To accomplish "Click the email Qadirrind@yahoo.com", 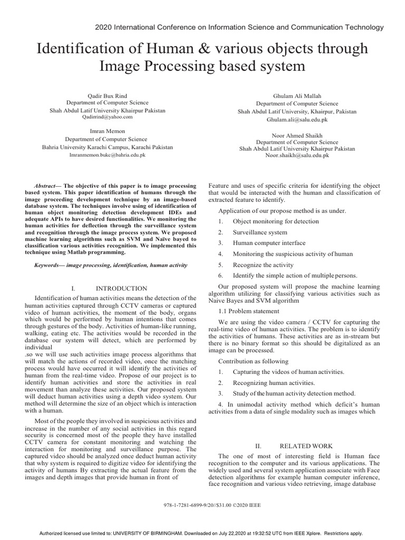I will click(x=107, y=117).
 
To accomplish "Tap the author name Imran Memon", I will click(x=107, y=131).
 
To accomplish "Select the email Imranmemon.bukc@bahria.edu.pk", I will click(x=107, y=156).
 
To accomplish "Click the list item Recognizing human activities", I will click(x=274, y=383).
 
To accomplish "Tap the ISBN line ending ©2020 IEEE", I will click(x=202, y=505).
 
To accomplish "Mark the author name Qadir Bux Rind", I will click(x=107, y=95).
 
